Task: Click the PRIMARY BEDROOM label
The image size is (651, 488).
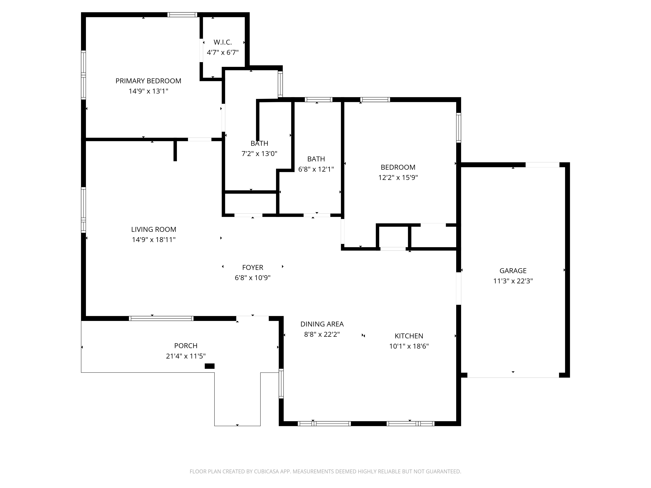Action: (x=148, y=81)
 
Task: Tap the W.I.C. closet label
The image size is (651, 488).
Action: (x=223, y=42)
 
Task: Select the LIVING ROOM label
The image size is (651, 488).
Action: (x=154, y=229)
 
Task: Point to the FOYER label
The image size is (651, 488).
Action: (x=253, y=267)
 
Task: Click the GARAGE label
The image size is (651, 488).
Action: (x=513, y=271)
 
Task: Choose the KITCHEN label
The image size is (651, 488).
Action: (x=409, y=336)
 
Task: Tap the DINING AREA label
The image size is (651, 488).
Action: (x=322, y=324)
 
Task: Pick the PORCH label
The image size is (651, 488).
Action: (x=186, y=346)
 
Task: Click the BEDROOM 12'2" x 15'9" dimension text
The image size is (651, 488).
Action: (x=398, y=177)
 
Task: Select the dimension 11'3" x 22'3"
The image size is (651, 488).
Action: (x=513, y=281)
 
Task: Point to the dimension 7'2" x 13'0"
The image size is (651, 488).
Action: (x=259, y=154)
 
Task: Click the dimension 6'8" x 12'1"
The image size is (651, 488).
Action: (x=316, y=169)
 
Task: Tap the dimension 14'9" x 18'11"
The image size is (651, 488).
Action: (x=154, y=240)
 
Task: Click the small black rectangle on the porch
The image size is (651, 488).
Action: (x=210, y=366)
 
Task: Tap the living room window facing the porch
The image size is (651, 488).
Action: (x=161, y=318)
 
